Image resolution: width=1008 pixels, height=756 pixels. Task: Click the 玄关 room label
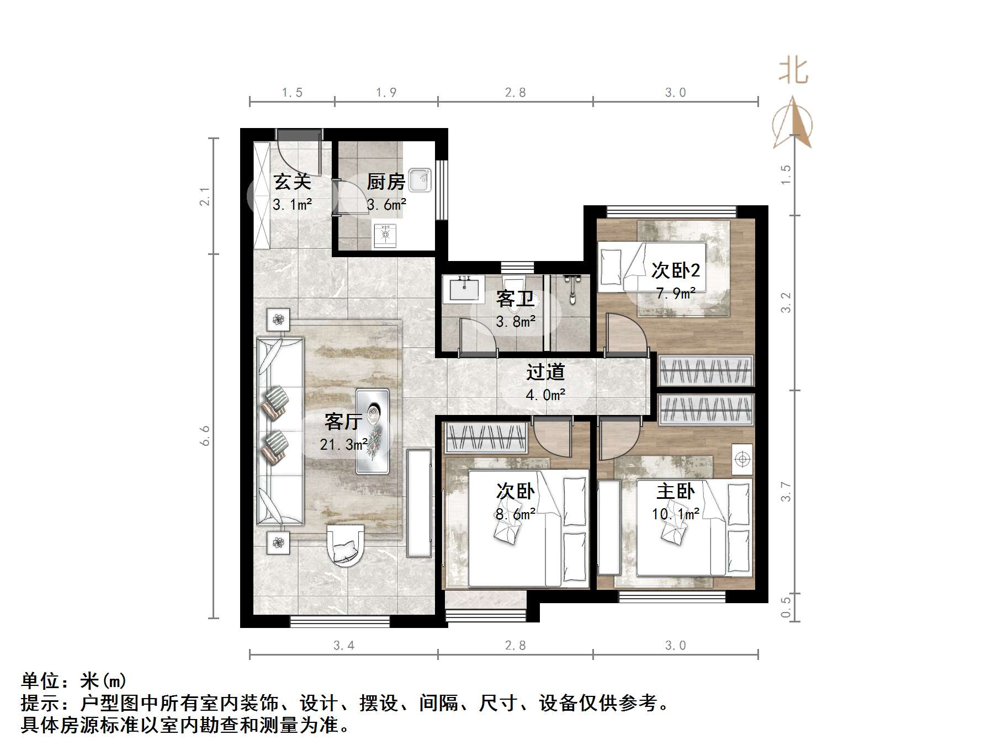[x=292, y=182]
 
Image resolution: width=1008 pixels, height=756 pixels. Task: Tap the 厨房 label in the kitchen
[x=386, y=182]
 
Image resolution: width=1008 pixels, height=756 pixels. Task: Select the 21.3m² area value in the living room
[x=343, y=444]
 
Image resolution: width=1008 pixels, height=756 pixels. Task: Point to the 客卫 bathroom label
[x=515, y=299]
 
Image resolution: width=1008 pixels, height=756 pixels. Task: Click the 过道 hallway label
[x=545, y=372]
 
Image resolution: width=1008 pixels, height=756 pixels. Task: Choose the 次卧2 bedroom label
[x=675, y=270]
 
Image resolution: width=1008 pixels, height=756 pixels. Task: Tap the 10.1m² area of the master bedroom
[x=675, y=514]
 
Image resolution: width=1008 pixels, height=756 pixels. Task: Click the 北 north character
[x=793, y=71]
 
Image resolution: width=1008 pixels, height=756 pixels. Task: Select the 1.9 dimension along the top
[x=386, y=93]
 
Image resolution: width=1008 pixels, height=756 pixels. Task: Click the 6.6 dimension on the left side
[x=205, y=435]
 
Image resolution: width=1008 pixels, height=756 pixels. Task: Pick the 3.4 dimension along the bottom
[x=343, y=645]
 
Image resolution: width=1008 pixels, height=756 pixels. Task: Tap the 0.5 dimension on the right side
[x=786, y=607]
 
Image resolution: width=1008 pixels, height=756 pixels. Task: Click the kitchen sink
[x=420, y=179]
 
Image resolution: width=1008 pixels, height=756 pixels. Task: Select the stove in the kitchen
[x=385, y=235]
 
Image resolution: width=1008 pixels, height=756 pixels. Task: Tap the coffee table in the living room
[x=373, y=431]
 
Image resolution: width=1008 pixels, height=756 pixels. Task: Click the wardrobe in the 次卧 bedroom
[x=486, y=438]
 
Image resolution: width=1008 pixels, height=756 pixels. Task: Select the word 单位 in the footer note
[x=40, y=680]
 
